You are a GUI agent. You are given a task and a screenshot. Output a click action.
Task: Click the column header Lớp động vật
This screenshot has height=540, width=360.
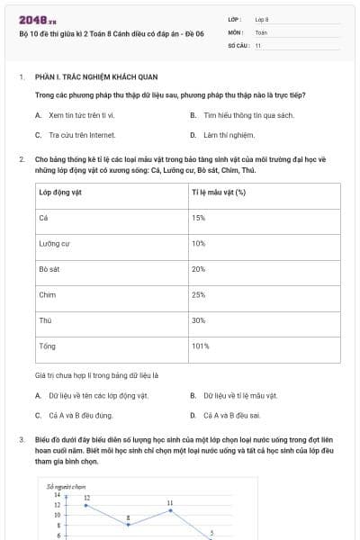pyautogui.click(x=60, y=193)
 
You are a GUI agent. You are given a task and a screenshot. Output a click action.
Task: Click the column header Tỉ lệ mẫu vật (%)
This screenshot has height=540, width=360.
pyautogui.click(x=219, y=193)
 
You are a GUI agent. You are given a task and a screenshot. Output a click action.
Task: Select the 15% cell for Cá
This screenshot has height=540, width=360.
pyautogui.click(x=199, y=218)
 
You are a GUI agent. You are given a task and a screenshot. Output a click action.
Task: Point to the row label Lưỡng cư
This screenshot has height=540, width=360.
pyautogui.click(x=54, y=244)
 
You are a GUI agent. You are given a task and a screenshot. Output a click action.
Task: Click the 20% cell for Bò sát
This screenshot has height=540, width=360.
pyautogui.click(x=199, y=269)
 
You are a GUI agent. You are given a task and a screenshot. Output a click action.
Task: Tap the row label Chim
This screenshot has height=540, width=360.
pyautogui.click(x=48, y=294)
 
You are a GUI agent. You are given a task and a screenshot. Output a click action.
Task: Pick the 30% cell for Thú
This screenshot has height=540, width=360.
pyautogui.click(x=199, y=320)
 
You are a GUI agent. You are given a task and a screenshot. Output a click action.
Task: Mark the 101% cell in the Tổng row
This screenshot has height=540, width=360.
pyautogui.click(x=201, y=346)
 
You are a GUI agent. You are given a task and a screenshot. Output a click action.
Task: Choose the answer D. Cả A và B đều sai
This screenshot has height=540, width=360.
pyautogui.click(x=226, y=415)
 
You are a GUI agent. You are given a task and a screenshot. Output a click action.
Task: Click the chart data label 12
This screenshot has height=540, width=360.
pyautogui.click(x=86, y=497)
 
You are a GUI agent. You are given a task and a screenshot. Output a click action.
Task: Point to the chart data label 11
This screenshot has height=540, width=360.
pyautogui.click(x=170, y=502)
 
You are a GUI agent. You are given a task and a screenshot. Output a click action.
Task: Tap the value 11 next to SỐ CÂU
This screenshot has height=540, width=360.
pyautogui.click(x=258, y=44)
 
